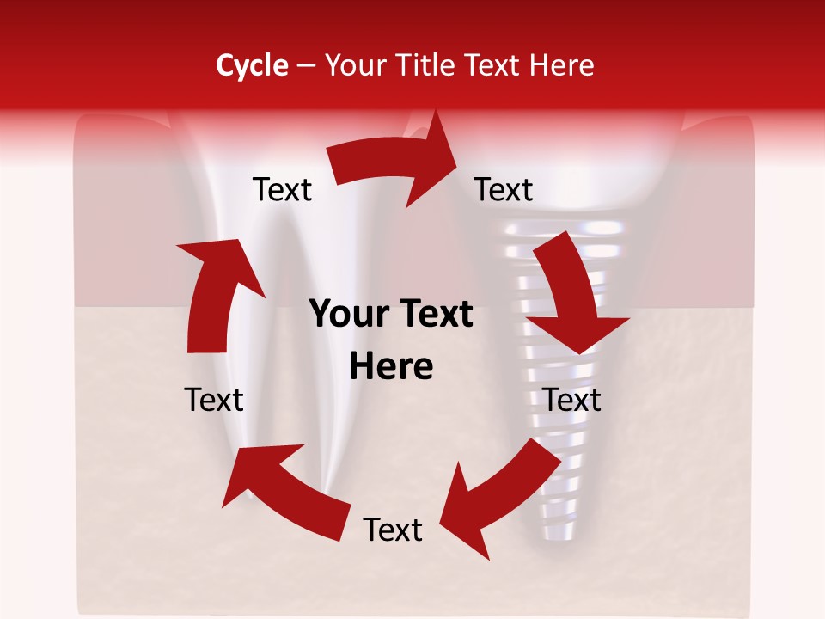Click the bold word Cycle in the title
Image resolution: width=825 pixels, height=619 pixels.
(x=252, y=65)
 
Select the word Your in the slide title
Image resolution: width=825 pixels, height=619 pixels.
(x=357, y=65)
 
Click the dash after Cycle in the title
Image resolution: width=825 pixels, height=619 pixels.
(x=306, y=66)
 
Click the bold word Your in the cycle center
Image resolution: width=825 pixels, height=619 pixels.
(x=347, y=315)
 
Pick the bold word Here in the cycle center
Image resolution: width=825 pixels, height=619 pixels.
(x=391, y=367)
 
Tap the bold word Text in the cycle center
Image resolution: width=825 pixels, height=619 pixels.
(x=437, y=315)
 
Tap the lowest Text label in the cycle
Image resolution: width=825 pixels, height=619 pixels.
(x=392, y=530)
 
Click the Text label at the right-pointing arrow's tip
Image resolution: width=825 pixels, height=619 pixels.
(x=504, y=189)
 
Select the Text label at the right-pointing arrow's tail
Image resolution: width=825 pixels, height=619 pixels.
(x=282, y=189)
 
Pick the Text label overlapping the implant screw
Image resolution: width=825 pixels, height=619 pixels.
(x=571, y=400)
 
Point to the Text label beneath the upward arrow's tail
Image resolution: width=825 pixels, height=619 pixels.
(x=214, y=400)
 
